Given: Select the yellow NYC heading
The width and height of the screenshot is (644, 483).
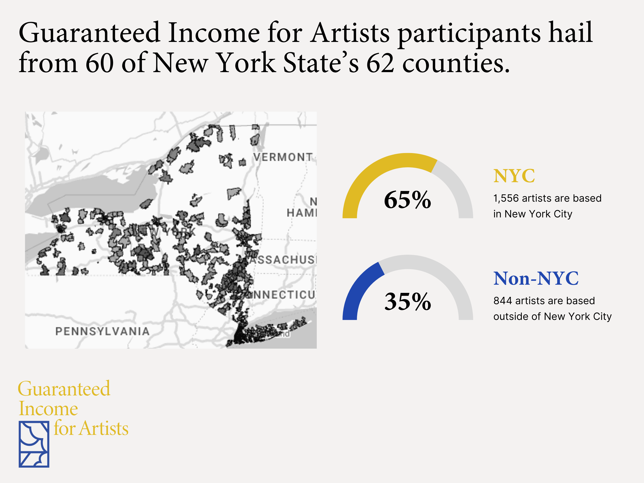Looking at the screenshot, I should click(x=514, y=176).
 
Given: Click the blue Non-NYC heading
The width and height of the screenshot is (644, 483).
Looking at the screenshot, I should click(x=536, y=278).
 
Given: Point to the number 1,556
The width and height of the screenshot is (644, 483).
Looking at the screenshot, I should click(x=506, y=198).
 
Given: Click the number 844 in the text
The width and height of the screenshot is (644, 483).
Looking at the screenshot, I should click(x=502, y=301).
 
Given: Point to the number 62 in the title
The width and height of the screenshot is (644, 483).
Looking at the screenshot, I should click(x=380, y=63).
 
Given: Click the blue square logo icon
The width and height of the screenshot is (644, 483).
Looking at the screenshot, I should click(x=34, y=444).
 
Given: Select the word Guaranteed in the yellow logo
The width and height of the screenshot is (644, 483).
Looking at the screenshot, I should click(x=64, y=389).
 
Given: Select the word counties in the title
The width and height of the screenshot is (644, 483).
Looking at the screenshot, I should click(x=456, y=63).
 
